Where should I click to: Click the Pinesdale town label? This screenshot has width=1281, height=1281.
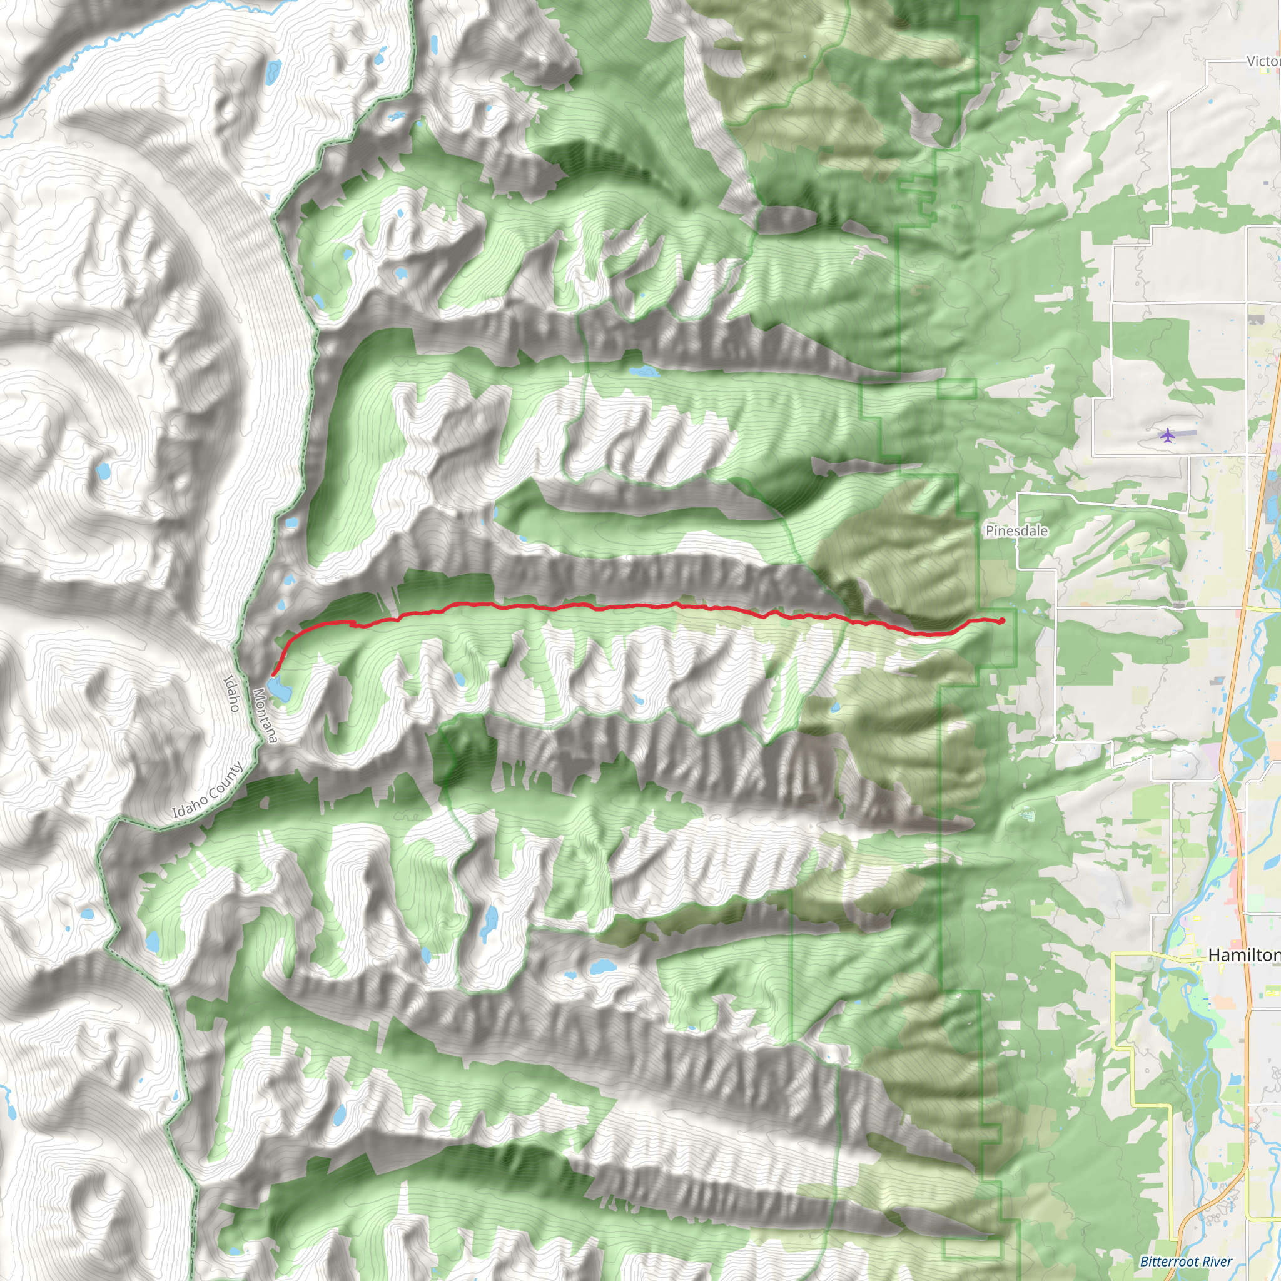coord(1016,530)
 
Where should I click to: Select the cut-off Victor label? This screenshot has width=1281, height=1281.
coord(1263,62)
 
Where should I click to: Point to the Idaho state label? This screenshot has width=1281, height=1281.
coord(231,693)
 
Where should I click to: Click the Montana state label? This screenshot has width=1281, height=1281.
coord(265,716)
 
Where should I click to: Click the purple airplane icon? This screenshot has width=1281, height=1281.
coord(1167,435)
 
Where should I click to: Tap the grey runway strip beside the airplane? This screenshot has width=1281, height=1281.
coord(1187,433)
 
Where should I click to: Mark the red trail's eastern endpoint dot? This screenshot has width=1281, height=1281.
coord(1002,620)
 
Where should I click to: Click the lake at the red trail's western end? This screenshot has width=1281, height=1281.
coord(280,688)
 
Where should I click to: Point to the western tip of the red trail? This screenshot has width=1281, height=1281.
coord(273,675)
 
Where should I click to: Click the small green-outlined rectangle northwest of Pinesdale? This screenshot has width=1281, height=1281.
coord(957,388)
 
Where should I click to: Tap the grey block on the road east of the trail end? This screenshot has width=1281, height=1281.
coord(1179,605)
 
